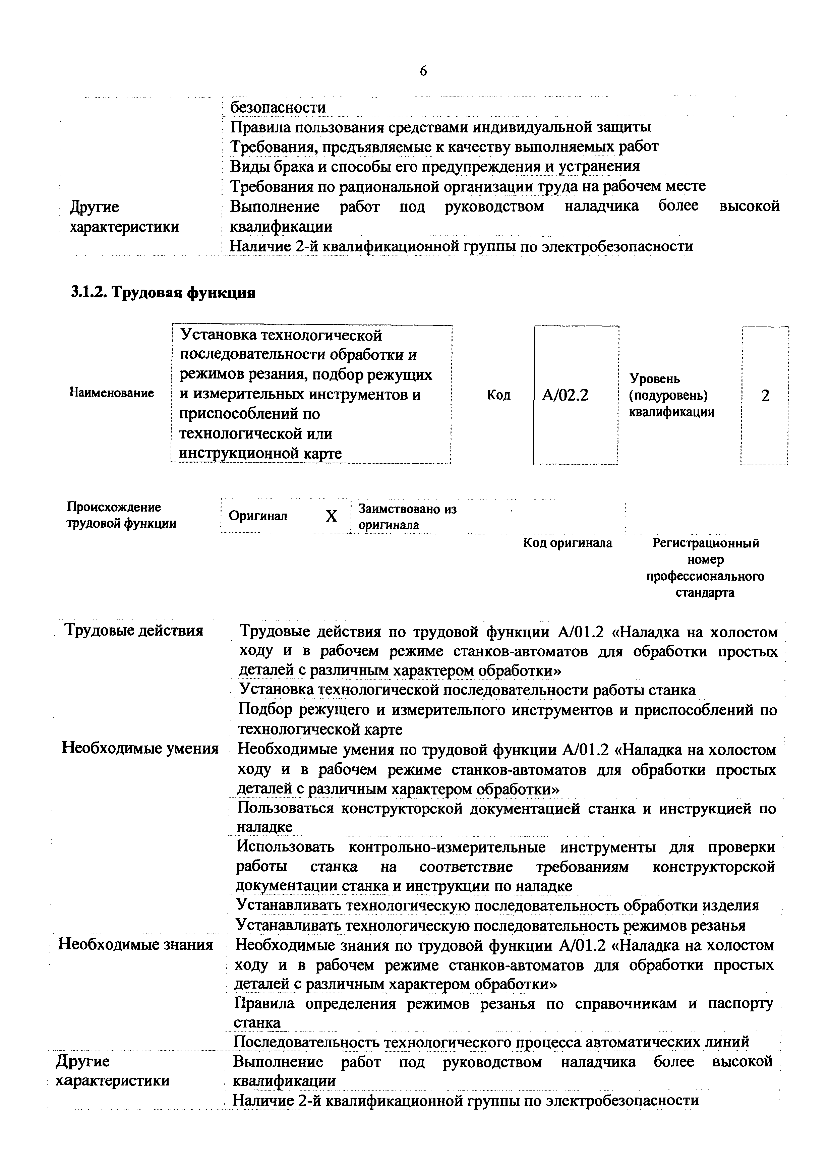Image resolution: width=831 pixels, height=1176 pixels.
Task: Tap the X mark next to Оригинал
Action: [x=332, y=516]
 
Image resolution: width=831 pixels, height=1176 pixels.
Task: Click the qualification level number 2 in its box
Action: [x=765, y=396]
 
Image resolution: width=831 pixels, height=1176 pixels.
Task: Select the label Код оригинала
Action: [x=567, y=543]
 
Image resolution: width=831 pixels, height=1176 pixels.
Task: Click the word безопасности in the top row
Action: [x=278, y=108]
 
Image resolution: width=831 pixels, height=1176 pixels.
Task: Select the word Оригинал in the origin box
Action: [x=258, y=516]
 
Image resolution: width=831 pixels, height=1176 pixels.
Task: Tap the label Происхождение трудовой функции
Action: [x=122, y=515]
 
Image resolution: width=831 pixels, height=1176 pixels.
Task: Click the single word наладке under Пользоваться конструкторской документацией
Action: [x=265, y=827]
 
